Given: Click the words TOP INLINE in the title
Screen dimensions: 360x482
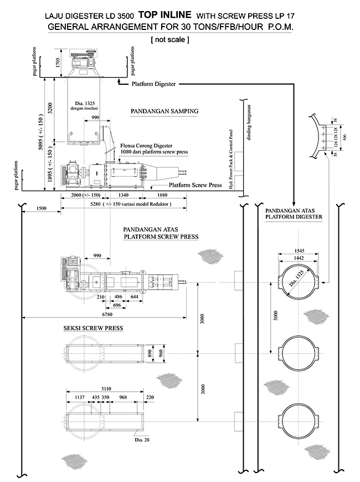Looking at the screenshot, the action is pos(165,15).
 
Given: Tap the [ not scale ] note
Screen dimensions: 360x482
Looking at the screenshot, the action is pos(169,40).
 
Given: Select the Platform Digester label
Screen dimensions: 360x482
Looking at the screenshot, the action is pos(153,84).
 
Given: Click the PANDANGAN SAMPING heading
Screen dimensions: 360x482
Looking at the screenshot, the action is pos(164,111).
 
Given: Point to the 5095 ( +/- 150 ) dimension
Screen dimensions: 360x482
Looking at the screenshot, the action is pos(40,132).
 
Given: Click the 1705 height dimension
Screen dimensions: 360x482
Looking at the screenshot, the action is pos(58,63).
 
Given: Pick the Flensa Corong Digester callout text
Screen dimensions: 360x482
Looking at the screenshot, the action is pos(146,146).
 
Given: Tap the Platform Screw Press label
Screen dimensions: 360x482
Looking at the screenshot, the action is pos(195,185).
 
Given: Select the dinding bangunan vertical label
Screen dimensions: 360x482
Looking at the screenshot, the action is pos(249,122).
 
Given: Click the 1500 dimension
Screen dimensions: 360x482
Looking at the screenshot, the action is pos(41,208).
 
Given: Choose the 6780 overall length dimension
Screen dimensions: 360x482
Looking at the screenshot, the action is pos(107,315).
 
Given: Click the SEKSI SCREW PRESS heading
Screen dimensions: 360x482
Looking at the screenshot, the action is pos(93,329).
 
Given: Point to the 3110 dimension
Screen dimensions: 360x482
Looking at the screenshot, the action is pos(106,389).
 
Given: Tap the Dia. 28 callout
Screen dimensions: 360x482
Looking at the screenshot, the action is pos(142,440).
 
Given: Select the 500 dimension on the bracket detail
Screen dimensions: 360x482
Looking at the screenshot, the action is pos(344,137).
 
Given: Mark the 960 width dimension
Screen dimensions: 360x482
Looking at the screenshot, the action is pos(161,353).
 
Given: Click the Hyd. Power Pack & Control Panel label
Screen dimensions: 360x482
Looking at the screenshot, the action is pos(231,159).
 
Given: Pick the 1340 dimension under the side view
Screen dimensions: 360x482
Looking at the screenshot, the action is pos(124,195).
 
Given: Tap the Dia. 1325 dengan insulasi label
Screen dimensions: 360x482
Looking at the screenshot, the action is pos(85,106).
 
